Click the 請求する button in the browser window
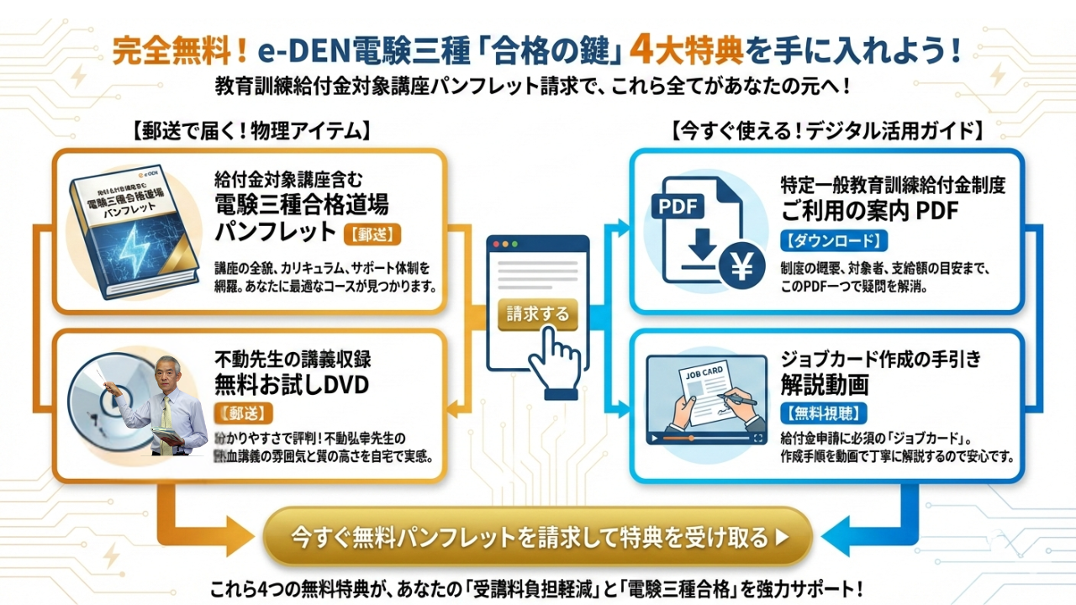tap(538, 315)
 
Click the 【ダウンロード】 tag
tap(834, 241)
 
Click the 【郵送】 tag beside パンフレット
tap(370, 233)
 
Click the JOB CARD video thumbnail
tap(706, 399)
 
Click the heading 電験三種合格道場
tap(301, 204)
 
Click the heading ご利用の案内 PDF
tap(869, 210)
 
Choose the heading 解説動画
tap(825, 385)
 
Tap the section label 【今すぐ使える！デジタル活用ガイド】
tap(827, 131)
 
